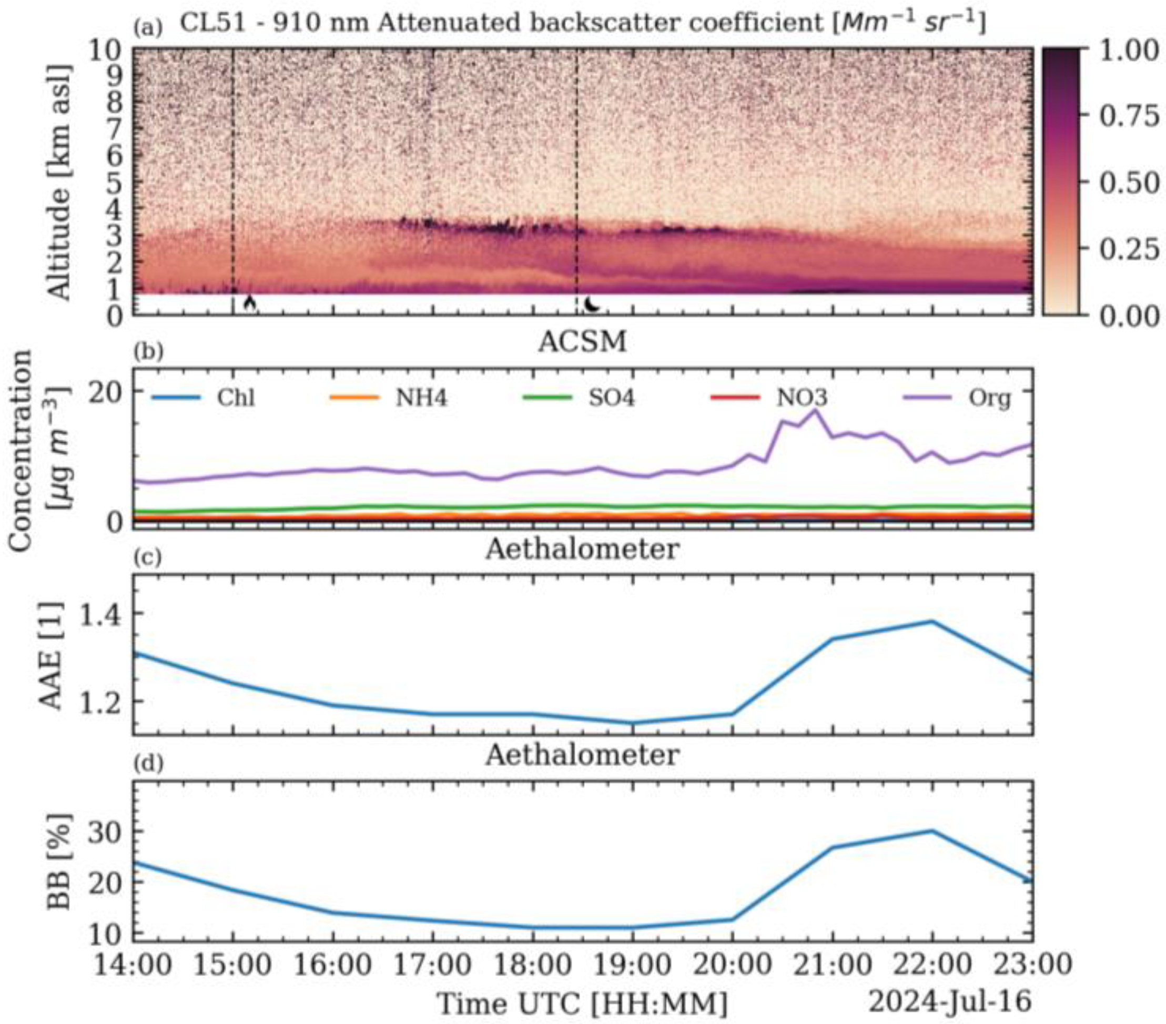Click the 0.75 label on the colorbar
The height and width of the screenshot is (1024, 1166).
[x=1127, y=116]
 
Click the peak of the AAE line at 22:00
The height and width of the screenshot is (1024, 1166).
[x=931, y=621]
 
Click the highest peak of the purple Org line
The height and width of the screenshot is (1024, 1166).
[x=815, y=410]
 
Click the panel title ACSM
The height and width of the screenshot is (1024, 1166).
[x=582, y=342]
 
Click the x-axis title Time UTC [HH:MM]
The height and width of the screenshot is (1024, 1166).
[x=582, y=1003]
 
